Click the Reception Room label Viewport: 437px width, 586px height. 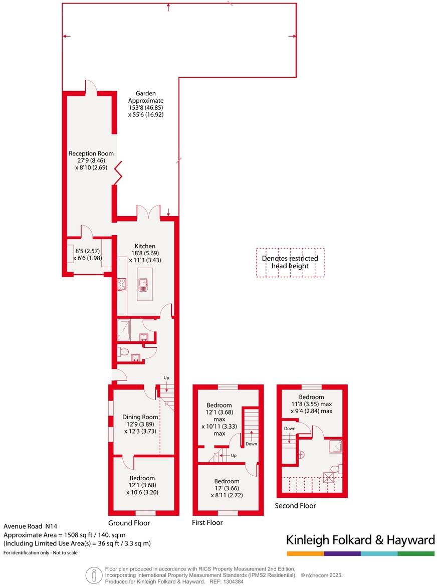(91, 153)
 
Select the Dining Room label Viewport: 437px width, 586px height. (140, 417)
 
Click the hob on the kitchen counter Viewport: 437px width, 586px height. (121, 285)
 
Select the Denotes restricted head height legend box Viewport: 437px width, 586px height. (290, 262)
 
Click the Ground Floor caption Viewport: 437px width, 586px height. (129, 523)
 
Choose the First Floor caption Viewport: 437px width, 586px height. (207, 522)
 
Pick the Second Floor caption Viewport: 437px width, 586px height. (295, 506)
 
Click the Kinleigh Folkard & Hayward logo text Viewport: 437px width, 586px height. (360, 540)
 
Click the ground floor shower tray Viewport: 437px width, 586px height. (124, 330)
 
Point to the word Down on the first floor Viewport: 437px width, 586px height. (251, 444)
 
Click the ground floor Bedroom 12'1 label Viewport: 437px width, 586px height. (142, 478)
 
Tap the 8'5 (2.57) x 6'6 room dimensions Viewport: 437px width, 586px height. (88, 254)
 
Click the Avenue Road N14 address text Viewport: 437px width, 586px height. (31, 526)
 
